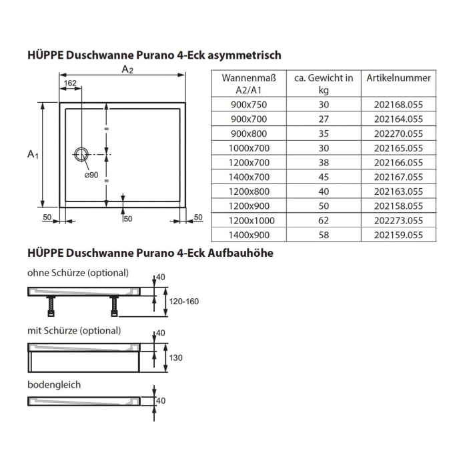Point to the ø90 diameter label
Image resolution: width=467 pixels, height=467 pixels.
(x=91, y=175)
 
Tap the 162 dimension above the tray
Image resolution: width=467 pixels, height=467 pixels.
(x=71, y=83)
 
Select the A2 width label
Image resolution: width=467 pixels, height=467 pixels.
(x=127, y=70)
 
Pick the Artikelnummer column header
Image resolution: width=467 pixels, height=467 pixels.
(x=398, y=78)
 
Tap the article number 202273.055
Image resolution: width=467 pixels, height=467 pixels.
(x=398, y=220)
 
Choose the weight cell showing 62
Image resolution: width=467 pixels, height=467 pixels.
(x=323, y=220)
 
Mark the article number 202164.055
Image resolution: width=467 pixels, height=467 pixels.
(x=398, y=119)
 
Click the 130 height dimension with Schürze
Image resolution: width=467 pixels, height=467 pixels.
(x=177, y=358)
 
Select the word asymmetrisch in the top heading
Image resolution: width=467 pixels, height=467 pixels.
(x=246, y=55)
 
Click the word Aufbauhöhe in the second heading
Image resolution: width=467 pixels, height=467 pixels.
(x=240, y=254)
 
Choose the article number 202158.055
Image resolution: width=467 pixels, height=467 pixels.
(x=398, y=206)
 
